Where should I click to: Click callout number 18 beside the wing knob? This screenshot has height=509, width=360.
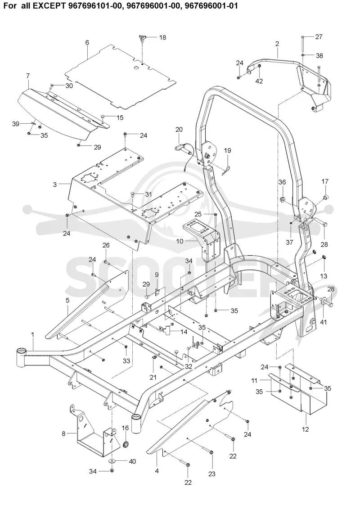[162, 37]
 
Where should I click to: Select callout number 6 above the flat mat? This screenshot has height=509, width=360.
[87, 42]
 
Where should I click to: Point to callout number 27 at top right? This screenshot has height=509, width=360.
[319, 37]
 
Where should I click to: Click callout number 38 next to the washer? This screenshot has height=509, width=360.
[319, 55]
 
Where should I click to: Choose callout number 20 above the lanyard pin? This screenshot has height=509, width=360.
[179, 130]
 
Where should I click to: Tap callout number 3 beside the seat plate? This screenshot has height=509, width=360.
[55, 185]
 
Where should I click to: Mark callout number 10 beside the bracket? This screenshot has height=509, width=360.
[180, 241]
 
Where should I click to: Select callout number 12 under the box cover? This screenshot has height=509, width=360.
[305, 429]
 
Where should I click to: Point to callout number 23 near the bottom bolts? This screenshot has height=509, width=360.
[211, 474]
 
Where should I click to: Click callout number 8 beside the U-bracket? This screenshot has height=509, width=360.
[63, 433]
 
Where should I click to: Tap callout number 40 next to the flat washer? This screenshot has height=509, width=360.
[132, 461]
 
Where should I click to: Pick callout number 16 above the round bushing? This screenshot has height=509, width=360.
[125, 428]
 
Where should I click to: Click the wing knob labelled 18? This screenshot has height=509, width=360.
[142, 38]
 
